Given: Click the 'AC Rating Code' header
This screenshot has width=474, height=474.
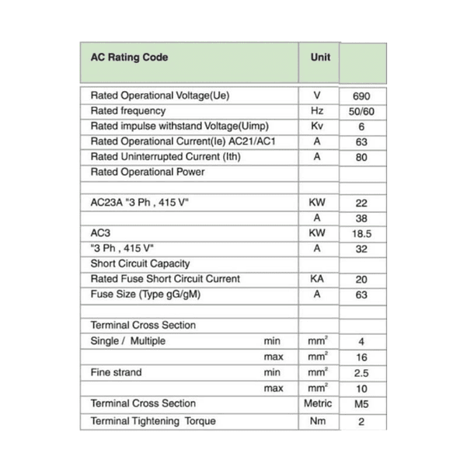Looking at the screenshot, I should tap(130, 58).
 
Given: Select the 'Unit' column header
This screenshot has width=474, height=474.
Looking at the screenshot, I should tap(320, 58).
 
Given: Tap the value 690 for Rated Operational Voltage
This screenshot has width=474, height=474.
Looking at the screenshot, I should tap(361, 97).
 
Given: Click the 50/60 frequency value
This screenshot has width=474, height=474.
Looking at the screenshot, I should tap(361, 112).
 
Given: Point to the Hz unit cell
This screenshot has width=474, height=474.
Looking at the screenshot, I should tap(317, 111).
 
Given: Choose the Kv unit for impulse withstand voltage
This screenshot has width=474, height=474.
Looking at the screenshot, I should tap(317, 126).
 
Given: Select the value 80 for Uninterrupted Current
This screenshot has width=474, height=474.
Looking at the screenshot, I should tap(361, 158).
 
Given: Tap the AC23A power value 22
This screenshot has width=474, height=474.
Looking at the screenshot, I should tap(361, 204).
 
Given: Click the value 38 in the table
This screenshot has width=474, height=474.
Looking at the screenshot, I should tap(361, 219).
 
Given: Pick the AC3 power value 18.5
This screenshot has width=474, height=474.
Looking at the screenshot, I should tap(361, 234).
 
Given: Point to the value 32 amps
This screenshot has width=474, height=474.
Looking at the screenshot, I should tap(361, 249).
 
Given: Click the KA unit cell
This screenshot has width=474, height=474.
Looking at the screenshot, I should tap(317, 279).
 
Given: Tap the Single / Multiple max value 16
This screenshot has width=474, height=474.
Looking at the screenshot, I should tap(361, 357).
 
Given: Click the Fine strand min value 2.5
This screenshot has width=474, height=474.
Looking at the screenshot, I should tap(361, 373).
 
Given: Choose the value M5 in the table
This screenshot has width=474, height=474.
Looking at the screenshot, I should tap(361, 404).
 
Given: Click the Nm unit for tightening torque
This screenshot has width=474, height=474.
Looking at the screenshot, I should tap(317, 421).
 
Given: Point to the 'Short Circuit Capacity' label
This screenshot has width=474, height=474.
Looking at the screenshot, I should tap(140, 264).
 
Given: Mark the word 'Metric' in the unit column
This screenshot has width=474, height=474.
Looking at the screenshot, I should tap(317, 404).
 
